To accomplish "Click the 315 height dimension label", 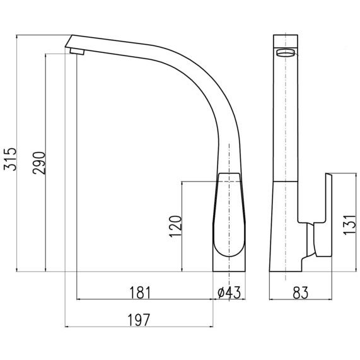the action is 10,159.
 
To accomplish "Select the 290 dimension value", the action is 39,163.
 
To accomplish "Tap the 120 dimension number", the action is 175,226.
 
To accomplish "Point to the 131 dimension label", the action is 350,225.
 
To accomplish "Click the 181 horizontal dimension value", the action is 141,293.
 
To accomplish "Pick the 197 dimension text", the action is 139,320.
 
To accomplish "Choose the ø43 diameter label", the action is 229,293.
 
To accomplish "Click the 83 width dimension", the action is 301,293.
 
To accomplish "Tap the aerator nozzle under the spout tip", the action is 77,52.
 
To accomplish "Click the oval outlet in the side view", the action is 286,53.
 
